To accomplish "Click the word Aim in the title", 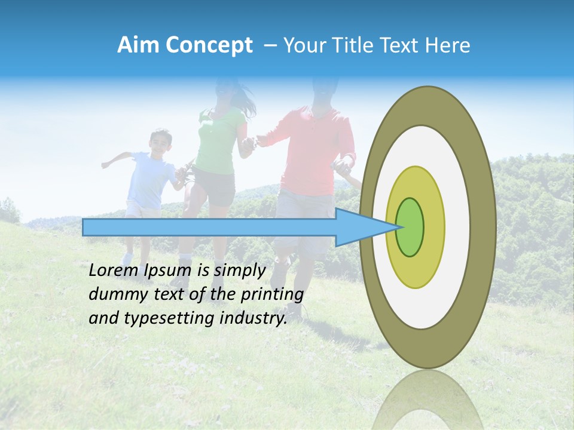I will point(139,45).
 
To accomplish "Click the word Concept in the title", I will point(209,45).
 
